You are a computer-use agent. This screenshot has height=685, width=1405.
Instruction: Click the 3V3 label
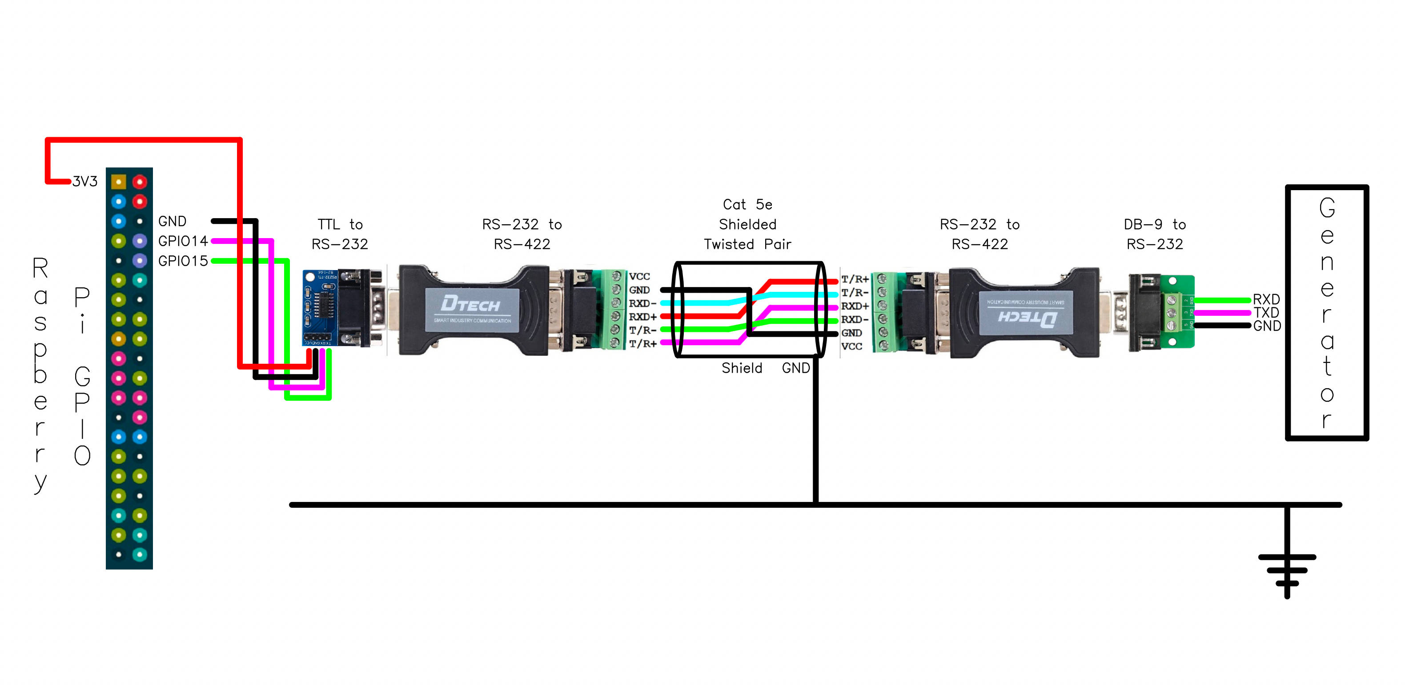85,182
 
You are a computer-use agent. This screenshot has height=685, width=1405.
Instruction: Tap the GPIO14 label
183,241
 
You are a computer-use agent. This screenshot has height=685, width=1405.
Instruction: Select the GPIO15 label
183,261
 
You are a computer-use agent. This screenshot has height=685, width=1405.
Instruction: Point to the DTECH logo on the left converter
470,304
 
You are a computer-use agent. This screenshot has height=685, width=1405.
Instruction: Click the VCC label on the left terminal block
639,277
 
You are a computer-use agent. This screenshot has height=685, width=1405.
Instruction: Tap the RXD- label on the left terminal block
642,303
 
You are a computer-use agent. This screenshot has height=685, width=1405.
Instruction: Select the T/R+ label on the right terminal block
855,279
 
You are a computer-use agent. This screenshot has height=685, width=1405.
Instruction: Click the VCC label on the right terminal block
851,346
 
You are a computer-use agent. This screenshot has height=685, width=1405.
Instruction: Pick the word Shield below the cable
742,368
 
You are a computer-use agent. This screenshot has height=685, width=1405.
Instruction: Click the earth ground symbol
1287,570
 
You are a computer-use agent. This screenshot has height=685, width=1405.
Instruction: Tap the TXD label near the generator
1266,313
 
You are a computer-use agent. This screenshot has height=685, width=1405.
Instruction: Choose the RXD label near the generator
1266,299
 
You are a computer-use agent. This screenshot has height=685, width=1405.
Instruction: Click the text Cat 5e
747,205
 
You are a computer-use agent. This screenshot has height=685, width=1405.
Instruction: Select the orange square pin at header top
118,182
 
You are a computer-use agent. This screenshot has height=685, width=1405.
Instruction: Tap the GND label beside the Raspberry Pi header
173,221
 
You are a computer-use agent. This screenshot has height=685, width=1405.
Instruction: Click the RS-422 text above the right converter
979,244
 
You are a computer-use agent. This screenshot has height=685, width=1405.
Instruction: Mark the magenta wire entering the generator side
1222,313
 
